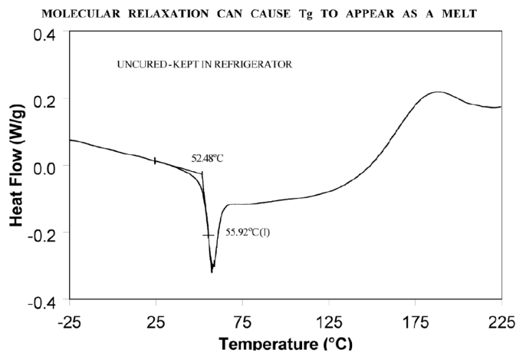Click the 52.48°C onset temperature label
tap(208, 158)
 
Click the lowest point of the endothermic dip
tap(212, 272)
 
